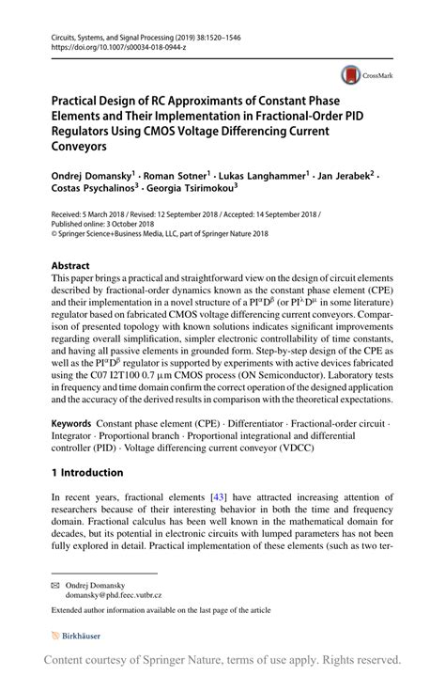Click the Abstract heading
[70, 266]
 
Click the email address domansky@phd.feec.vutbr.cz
[114, 595]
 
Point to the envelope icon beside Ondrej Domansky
[56, 584]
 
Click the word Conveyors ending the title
[80, 147]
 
